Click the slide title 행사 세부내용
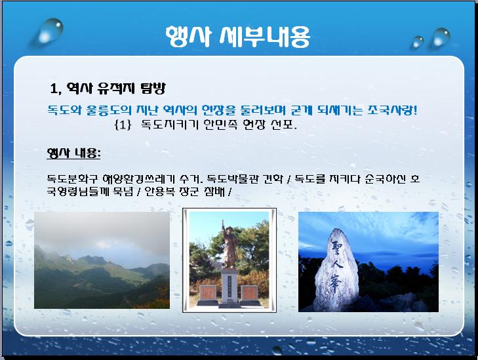238,37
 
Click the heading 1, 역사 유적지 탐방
108,89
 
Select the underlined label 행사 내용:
73,153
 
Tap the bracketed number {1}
123,125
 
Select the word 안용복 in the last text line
155,191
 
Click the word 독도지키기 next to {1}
170,125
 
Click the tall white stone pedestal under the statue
229,287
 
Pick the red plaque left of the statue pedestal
207,293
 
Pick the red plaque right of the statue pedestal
249,293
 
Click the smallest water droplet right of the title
417,42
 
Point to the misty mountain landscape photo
102,260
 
